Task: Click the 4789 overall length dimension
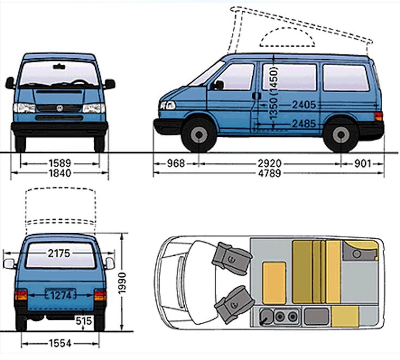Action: click(269, 174)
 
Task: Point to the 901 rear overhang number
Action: click(364, 162)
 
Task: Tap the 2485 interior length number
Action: click(303, 124)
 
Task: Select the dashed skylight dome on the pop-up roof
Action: click(287, 38)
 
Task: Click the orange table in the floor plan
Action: click(274, 281)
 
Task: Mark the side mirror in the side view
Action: click(218, 85)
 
